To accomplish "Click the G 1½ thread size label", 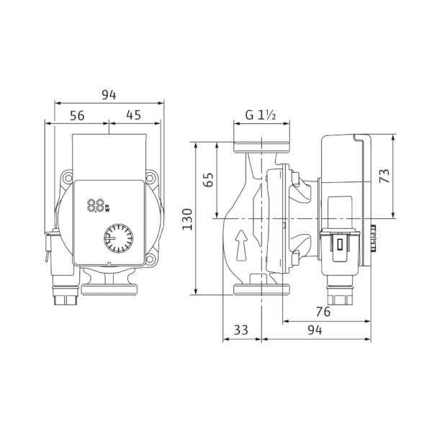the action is [261, 115].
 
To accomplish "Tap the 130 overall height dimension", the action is [187, 220].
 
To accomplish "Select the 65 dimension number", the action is [209, 179].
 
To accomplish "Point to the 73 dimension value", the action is [384, 176].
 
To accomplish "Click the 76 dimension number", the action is [323, 312].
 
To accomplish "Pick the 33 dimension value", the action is [241, 330].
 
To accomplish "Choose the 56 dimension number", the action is [77, 116].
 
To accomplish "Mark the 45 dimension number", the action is [134, 115].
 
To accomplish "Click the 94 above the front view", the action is [109, 95].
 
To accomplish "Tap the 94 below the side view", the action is [315, 330].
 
